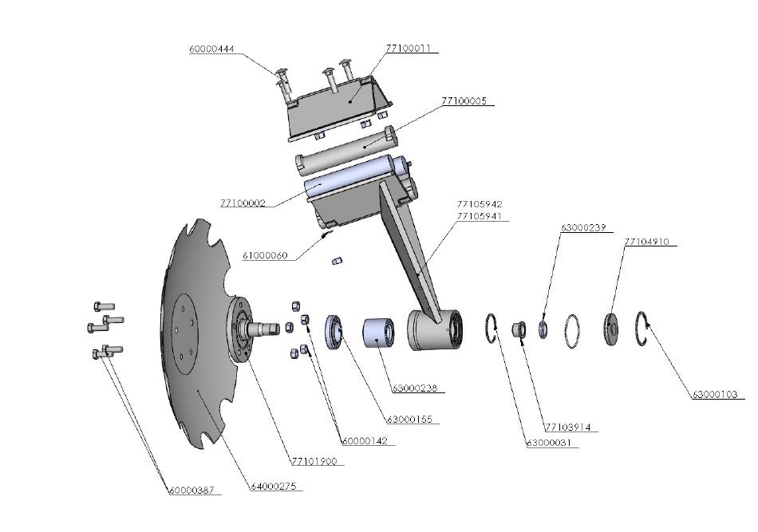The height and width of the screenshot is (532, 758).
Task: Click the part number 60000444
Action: (x=211, y=49)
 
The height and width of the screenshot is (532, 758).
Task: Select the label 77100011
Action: (x=408, y=49)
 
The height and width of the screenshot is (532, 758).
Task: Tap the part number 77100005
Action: (x=464, y=102)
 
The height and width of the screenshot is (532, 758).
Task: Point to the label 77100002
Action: (x=242, y=203)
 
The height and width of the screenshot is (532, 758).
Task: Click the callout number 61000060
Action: (x=265, y=256)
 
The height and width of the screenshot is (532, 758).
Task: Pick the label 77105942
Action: (x=480, y=204)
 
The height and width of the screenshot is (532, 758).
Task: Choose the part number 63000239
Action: (x=583, y=227)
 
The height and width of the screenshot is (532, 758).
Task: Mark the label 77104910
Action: (x=646, y=241)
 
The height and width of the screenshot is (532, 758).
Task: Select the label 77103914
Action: (x=567, y=428)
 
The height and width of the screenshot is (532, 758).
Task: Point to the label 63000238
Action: (x=413, y=389)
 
